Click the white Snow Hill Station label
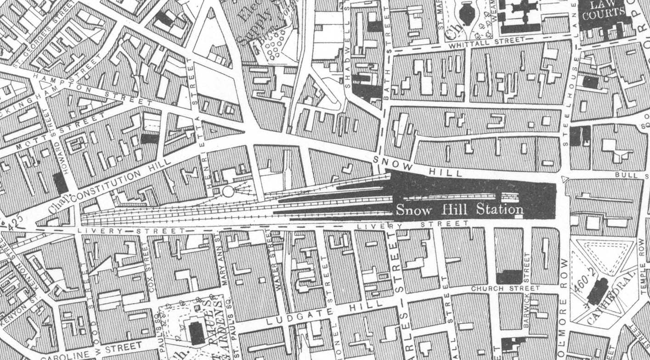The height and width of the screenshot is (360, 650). click(x=459, y=210)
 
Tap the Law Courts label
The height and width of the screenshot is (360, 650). click(x=602, y=11)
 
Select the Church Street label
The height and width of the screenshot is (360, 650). click(x=505, y=288)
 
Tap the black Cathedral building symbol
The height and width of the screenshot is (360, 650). click(x=597, y=292)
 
